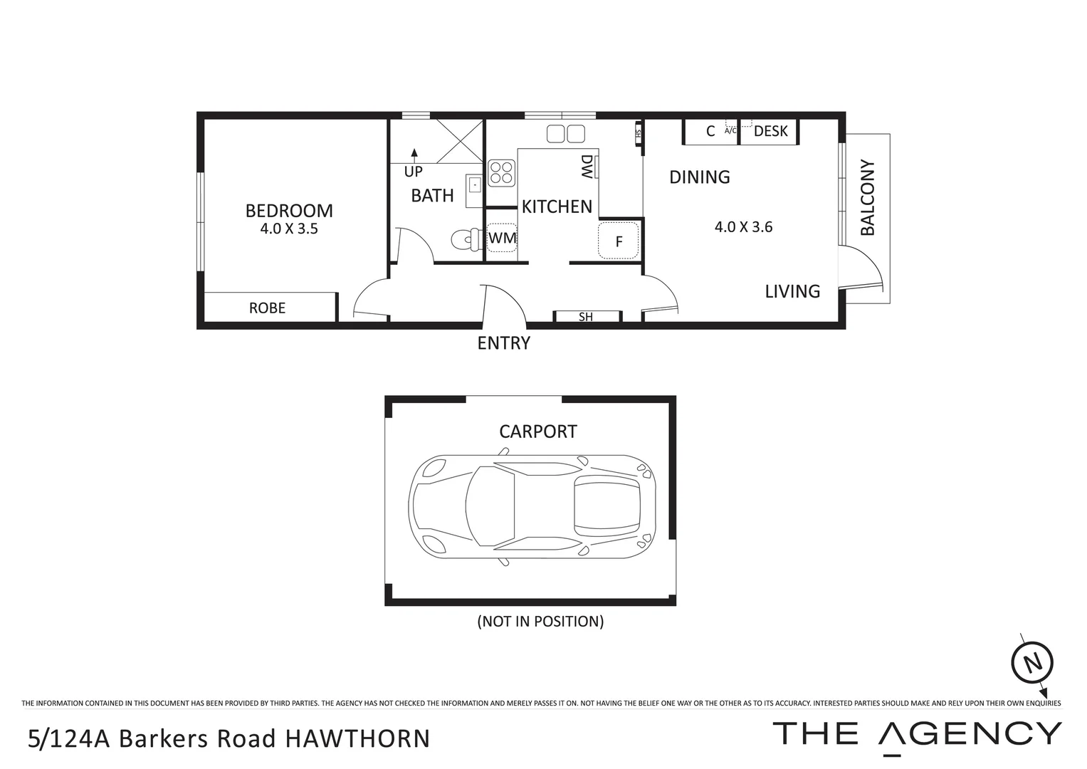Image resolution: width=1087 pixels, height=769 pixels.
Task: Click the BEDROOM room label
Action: point(289,211)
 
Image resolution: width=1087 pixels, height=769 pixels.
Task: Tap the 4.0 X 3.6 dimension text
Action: point(743,227)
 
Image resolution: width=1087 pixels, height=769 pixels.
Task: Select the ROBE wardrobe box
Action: point(268,308)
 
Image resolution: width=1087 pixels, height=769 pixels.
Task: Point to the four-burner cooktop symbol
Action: point(501,172)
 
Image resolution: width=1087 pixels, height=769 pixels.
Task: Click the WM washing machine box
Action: point(502,239)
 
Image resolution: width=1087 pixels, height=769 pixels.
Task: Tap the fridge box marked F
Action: point(619,241)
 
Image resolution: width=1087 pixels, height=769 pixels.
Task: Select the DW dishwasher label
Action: point(587,168)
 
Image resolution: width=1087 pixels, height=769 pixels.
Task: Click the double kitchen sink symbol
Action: point(565,133)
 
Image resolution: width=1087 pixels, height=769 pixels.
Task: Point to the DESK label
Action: point(770,131)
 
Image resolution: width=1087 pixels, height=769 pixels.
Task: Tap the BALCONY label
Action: point(867,198)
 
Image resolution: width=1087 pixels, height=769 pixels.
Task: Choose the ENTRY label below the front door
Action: point(503,343)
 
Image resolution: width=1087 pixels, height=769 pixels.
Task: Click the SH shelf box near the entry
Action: point(587,317)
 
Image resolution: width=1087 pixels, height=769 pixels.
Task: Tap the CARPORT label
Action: point(537,431)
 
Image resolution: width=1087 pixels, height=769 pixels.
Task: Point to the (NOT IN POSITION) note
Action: point(540,621)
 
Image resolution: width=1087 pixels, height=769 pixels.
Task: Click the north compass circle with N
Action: point(1032,662)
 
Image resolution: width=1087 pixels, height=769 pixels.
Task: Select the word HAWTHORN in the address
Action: point(357,738)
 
